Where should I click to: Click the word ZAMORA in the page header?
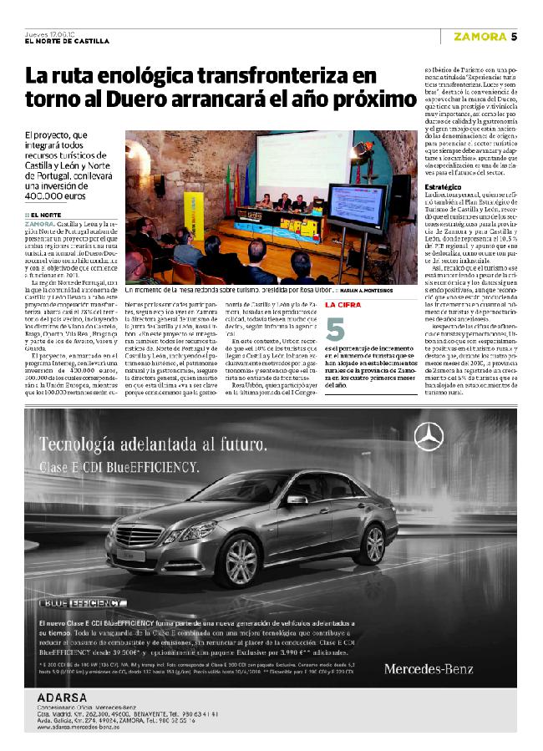[x=480, y=37]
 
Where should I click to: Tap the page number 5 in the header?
[x=515, y=37]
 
